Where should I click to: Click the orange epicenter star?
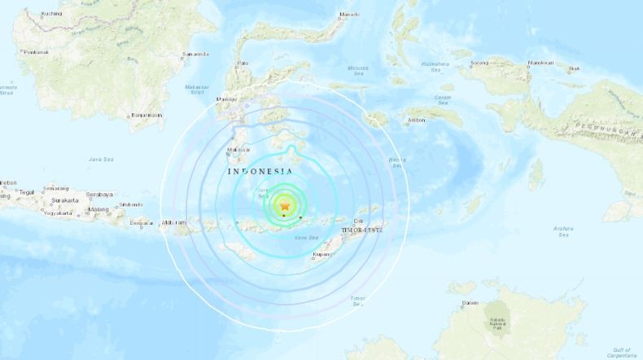tap(284, 208)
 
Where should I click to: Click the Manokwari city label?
tap(540, 62)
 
